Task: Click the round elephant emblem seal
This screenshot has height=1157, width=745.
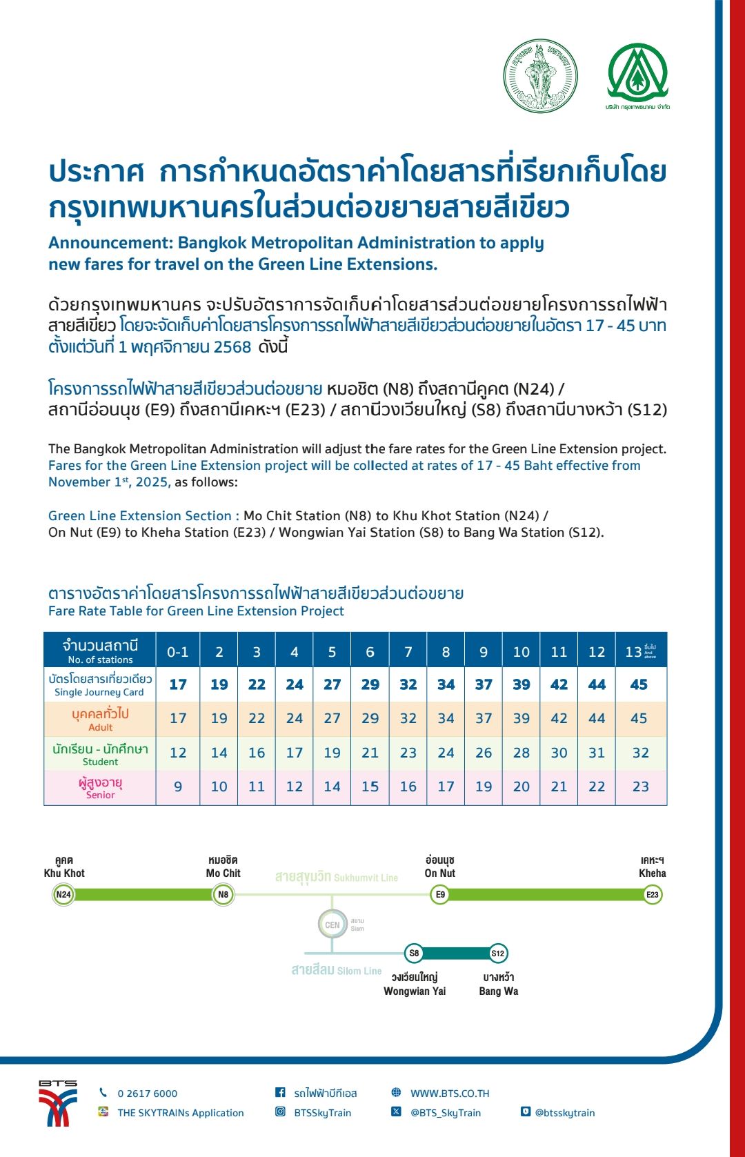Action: [x=540, y=75]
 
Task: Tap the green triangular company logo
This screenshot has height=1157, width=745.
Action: [x=637, y=73]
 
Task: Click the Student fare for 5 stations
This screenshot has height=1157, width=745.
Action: [x=332, y=753]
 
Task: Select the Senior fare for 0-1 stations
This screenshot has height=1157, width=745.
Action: [x=178, y=787]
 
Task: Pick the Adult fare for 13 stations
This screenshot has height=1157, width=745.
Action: [x=639, y=718]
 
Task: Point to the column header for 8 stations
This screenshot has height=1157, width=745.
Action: [x=446, y=652]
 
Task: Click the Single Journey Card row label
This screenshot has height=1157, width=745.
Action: [x=100, y=684]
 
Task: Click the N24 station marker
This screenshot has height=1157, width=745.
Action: [x=63, y=895]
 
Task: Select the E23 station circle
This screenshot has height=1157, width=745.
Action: [x=652, y=895]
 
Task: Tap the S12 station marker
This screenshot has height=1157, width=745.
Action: [x=497, y=953]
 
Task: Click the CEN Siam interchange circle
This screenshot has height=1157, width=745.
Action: [x=332, y=924]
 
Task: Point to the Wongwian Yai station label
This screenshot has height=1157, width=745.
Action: [x=415, y=985]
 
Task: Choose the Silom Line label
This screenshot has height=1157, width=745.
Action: [x=336, y=970]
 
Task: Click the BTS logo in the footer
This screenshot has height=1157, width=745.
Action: [x=58, y=1103]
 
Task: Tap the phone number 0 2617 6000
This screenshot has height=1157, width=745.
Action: [x=147, y=1094]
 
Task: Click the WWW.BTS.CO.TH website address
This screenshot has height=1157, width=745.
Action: [x=450, y=1094]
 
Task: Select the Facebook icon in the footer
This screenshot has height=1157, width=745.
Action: [x=280, y=1092]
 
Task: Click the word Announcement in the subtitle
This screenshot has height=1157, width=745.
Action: [x=110, y=243]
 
